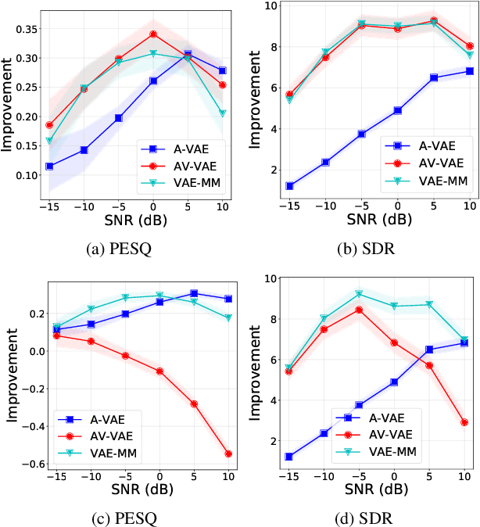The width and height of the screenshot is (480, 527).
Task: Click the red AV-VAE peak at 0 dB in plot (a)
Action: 153,34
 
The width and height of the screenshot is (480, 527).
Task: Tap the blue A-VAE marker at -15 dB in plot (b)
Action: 289,186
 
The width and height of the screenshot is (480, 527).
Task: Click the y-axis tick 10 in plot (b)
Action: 270,5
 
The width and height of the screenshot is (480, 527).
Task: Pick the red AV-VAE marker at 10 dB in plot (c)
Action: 228,454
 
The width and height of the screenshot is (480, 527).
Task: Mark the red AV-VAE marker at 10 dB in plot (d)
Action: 465,422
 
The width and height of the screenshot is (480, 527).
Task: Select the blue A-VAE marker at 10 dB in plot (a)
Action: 223,70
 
